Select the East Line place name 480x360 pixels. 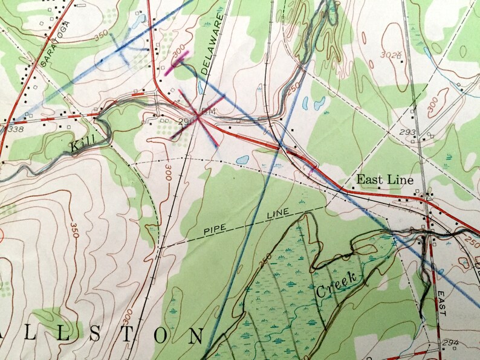[384, 179]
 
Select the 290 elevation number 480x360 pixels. [186, 121]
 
